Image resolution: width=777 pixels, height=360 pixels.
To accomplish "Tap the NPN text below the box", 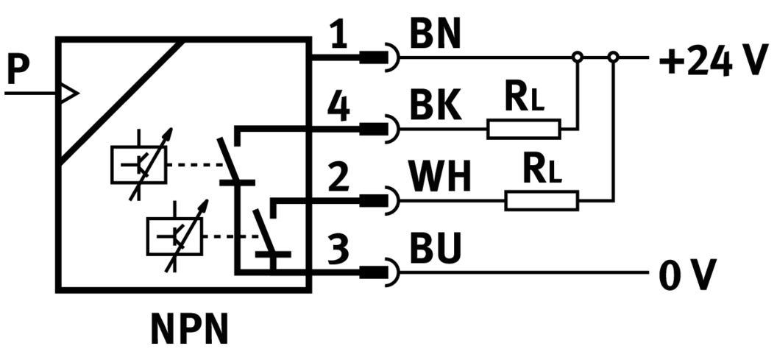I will (x=190, y=330).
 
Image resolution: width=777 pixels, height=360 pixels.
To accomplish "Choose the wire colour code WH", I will (x=441, y=178).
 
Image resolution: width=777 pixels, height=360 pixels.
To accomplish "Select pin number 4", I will (x=338, y=108).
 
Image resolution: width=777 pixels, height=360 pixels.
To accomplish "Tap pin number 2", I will (x=338, y=178).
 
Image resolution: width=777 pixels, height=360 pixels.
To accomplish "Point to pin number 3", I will (x=338, y=250).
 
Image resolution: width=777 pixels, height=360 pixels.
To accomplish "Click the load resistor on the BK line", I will (x=523, y=130).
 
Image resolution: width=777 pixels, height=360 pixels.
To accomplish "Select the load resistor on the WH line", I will (x=541, y=200).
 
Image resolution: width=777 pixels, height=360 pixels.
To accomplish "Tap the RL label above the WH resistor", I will (x=541, y=170).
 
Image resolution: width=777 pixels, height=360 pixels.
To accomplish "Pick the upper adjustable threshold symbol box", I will (x=138, y=164).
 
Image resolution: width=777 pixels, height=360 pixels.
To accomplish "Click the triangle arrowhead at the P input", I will (x=68, y=93).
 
